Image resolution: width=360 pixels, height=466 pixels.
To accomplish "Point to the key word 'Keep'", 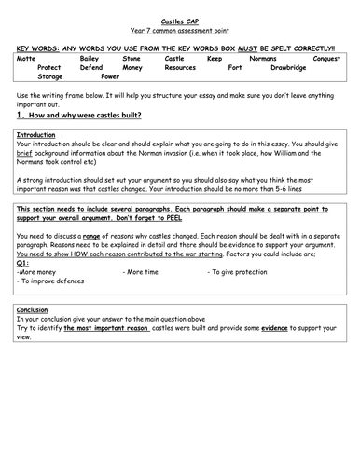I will point(215,58).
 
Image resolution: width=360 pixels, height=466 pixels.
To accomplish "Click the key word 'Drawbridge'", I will point(288,68).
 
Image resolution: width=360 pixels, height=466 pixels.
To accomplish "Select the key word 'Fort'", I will point(235,68).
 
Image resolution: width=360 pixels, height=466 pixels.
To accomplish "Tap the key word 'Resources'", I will point(180,68).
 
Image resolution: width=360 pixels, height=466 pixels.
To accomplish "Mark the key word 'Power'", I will point(110,77).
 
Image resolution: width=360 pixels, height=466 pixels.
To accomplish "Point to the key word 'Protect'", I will point(51,68).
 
